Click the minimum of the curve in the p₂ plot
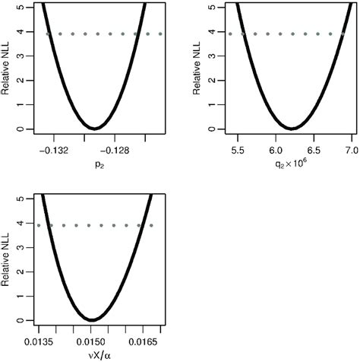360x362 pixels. point(93,128)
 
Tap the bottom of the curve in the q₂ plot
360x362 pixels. point(291,128)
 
